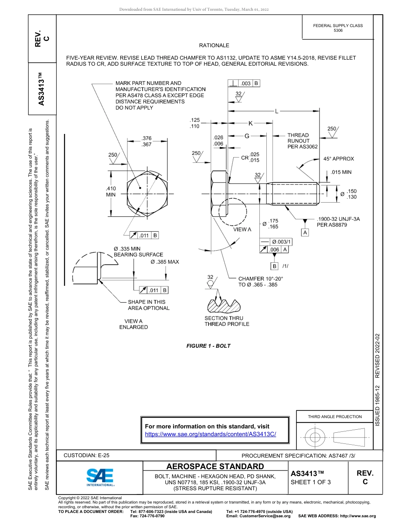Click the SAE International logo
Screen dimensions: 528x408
point(100,477)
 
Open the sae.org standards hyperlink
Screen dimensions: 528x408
point(210,434)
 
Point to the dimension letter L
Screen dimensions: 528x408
point(277,112)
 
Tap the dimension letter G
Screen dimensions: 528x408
point(247,136)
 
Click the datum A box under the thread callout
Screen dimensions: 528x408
point(305,232)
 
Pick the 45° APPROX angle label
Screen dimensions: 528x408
point(338,159)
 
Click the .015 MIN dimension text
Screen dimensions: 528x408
point(341,173)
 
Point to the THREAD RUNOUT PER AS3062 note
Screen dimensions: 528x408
point(302,141)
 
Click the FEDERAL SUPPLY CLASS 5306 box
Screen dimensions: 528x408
point(338,28)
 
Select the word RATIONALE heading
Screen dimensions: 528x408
point(214,46)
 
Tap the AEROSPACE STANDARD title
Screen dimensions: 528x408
point(215,467)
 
